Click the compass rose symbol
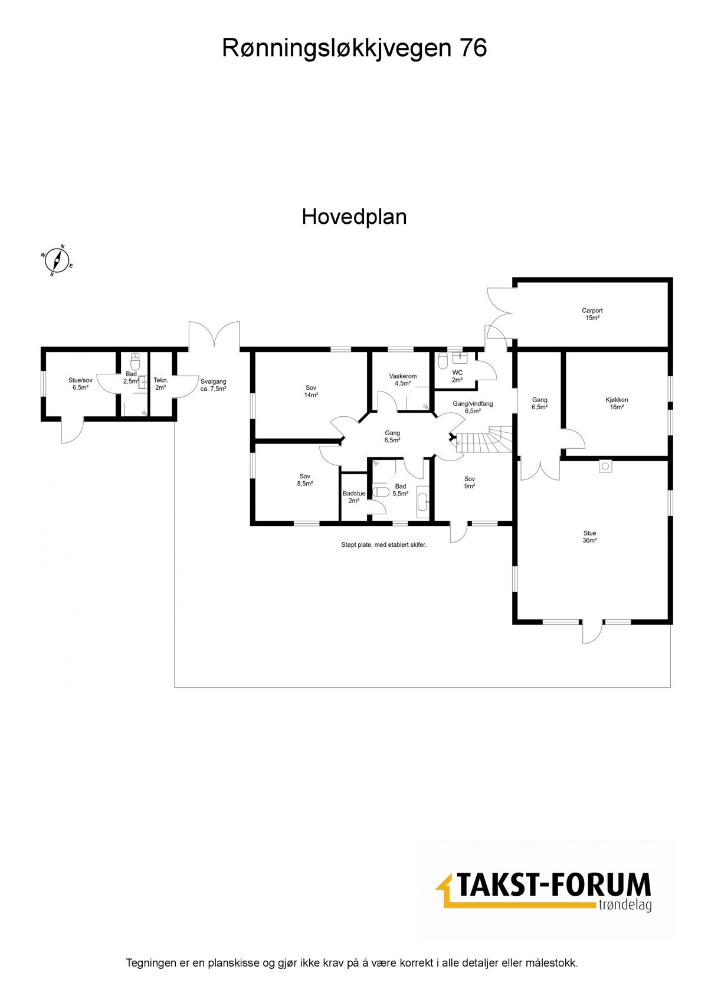point(57,259)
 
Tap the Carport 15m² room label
point(592,314)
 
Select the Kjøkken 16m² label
point(617,403)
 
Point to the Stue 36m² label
point(589,536)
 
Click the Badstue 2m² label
point(354,497)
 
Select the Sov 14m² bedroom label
point(311,391)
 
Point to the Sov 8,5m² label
point(305,479)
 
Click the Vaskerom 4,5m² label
point(402,379)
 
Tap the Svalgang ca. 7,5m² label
point(213,385)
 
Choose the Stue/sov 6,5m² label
point(80,383)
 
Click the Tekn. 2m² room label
point(161,383)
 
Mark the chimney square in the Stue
point(606,466)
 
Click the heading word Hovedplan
point(354,217)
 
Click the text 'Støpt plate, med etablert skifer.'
point(383,545)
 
